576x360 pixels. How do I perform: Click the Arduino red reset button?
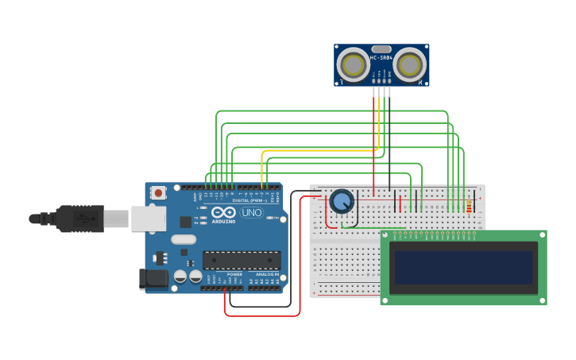(159, 192)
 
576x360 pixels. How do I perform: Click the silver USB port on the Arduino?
(149, 219)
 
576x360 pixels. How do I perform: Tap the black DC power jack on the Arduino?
(153, 278)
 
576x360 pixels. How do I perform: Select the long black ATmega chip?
(242, 260)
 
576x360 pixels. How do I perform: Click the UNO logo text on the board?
(251, 213)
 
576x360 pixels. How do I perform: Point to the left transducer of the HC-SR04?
(352, 64)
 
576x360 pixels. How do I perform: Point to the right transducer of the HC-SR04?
(411, 64)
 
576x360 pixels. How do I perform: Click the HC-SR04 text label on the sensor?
(381, 57)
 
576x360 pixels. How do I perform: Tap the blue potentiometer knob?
(342, 202)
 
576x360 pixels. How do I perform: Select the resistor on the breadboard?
(469, 207)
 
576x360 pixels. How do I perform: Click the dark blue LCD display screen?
(464, 267)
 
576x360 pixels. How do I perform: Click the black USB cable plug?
(79, 218)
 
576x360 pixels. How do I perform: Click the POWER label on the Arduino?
(235, 274)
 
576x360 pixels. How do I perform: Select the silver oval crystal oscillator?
(183, 239)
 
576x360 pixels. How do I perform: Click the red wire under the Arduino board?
(262, 315)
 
